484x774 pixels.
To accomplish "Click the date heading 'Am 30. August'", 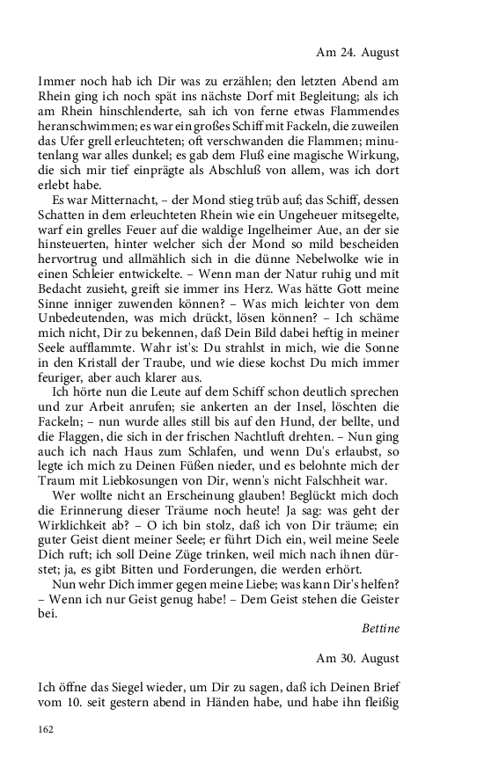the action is coord(401,657).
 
